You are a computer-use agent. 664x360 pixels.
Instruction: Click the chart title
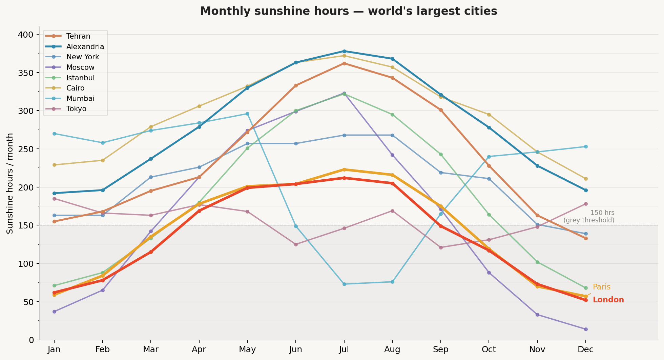click(349, 12)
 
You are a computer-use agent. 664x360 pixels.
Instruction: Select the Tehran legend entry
click(78, 36)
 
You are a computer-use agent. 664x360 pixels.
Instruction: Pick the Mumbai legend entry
click(80, 99)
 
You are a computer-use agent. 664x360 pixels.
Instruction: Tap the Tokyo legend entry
click(76, 109)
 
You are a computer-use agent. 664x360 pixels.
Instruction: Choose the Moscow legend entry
click(80, 67)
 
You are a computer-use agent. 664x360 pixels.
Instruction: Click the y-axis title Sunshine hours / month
click(10, 183)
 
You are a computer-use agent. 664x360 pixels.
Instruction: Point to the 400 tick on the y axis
click(28, 35)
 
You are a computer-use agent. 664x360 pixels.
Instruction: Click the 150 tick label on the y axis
click(28, 225)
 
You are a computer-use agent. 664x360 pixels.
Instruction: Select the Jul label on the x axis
click(344, 349)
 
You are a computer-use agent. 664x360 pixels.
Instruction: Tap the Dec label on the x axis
click(585, 349)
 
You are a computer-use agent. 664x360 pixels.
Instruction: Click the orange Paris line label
click(602, 287)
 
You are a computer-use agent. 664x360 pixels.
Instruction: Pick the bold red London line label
click(608, 300)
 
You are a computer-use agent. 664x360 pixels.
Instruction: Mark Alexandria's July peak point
click(344, 51)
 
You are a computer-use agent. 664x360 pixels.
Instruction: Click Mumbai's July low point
click(344, 284)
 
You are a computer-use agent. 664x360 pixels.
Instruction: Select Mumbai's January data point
click(54, 134)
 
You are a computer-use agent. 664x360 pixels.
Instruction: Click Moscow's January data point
click(54, 312)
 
